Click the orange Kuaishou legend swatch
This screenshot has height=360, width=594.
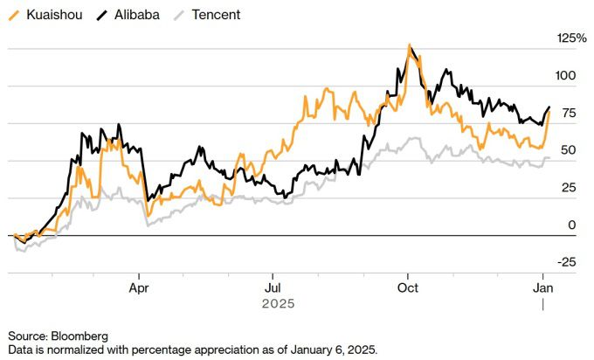tap(13, 15)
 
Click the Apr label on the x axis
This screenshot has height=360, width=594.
tap(139, 286)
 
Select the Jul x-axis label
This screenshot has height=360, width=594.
tap(273, 286)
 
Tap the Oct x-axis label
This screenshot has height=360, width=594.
tap(407, 286)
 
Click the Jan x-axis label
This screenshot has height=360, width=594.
tap(542, 286)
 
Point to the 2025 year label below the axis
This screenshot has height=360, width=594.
tap(278, 303)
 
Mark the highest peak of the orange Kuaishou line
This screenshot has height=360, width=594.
tap(409, 45)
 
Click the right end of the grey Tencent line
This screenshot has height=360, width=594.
tap(549, 158)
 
